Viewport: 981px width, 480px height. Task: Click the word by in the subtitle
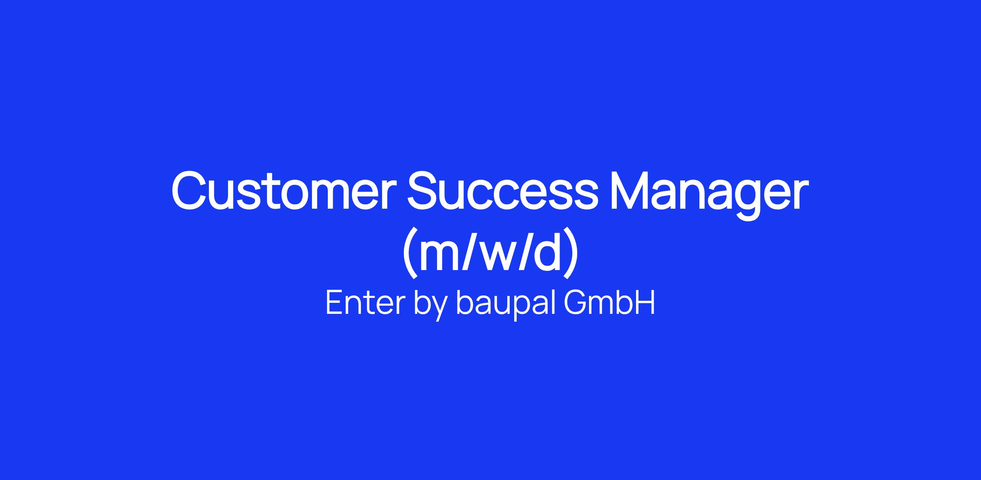click(430, 305)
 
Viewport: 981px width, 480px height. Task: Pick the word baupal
click(506, 305)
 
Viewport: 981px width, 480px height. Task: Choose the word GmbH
click(609, 302)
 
